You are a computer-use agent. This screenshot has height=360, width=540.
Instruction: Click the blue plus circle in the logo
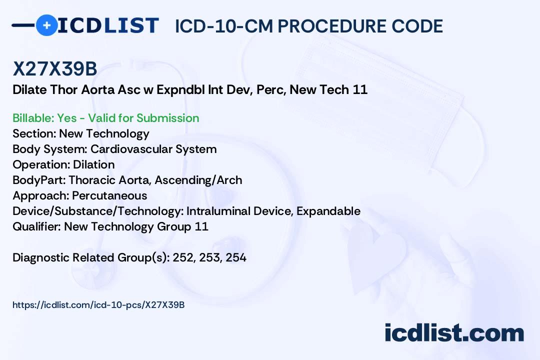coord(46,25)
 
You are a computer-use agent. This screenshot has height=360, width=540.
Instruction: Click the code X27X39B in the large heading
coord(55,68)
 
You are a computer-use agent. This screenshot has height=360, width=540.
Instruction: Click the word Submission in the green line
coord(167,118)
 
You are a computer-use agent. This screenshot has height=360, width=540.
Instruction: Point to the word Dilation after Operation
coord(93,164)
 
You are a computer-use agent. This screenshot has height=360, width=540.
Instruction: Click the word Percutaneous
coord(109,195)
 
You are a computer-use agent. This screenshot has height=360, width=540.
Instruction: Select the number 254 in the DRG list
coord(236,257)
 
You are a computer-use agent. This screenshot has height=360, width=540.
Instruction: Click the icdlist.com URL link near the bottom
coord(98,305)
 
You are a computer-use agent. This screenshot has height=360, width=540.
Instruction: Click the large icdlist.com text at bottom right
coord(454,332)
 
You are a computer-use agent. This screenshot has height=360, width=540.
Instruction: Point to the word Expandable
coord(328,211)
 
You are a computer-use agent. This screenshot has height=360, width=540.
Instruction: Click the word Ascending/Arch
coord(198,180)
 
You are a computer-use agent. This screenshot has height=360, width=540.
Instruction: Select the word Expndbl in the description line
coord(180,89)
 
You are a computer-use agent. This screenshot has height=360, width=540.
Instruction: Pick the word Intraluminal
coord(218,211)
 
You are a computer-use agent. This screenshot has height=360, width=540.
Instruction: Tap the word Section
coord(34,133)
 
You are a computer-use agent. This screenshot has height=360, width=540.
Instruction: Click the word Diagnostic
coord(41,257)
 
